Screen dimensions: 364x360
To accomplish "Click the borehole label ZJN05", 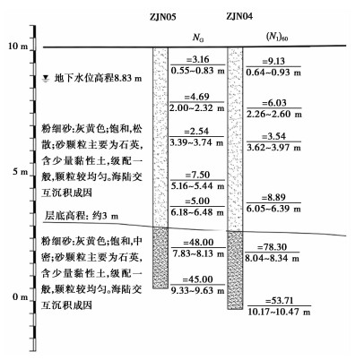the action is tap(163, 17).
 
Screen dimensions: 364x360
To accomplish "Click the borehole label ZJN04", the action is tap(239, 16).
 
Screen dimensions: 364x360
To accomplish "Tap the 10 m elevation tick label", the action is tap(18, 46).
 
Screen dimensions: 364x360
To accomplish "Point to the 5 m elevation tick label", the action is tap(21, 172).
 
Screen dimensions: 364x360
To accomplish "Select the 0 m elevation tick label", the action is tap(21, 297).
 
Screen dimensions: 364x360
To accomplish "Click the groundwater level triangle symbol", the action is tap(46, 79).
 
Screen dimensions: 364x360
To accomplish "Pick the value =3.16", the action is tap(197, 59).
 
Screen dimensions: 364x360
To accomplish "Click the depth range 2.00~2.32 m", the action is tap(197, 107).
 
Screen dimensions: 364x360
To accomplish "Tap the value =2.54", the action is tap(196, 132).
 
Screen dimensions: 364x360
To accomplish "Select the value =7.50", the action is tap(197, 175).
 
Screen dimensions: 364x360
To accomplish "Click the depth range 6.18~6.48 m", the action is tap(197, 212).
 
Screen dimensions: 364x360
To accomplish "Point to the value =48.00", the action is tap(198, 242).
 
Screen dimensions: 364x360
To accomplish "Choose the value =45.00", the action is tap(198, 279).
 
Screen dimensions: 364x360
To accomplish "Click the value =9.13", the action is tap(273, 61).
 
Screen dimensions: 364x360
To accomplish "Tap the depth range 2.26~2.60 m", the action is tap(274, 114).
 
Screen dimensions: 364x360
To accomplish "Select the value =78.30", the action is tap(272, 247).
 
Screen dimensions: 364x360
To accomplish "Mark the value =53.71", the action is tap(279, 301).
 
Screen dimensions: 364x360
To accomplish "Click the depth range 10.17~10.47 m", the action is tap(279, 312).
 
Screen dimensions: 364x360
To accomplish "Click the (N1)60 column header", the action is tap(277, 37).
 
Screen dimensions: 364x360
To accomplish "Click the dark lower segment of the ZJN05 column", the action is tap(160, 258).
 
